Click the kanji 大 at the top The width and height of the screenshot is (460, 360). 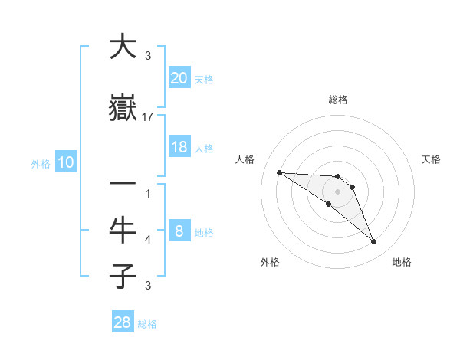click(x=123, y=47)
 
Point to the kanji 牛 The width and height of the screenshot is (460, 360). click(x=123, y=230)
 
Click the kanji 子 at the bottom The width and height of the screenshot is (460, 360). click(x=123, y=276)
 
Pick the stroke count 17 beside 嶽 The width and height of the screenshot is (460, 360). click(x=148, y=117)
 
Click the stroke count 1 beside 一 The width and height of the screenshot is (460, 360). click(x=148, y=194)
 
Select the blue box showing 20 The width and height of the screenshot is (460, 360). click(x=179, y=78)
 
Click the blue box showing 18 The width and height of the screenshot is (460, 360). click(x=179, y=147)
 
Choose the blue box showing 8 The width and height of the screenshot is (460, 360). click(x=179, y=232)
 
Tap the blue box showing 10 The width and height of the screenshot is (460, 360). click(x=65, y=162)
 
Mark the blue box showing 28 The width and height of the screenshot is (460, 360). click(x=123, y=322)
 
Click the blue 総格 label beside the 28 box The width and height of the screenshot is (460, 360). click(x=147, y=324)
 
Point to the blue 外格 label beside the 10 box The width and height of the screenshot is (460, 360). click(x=41, y=163)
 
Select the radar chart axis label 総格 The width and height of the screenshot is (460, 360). click(x=337, y=100)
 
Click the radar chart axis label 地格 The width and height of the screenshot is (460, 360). click(x=402, y=262)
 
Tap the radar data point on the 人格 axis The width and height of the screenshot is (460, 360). click(x=279, y=172)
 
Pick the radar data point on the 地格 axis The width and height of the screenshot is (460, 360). click(x=374, y=242)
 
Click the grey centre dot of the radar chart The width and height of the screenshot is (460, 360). click(x=337, y=191)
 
